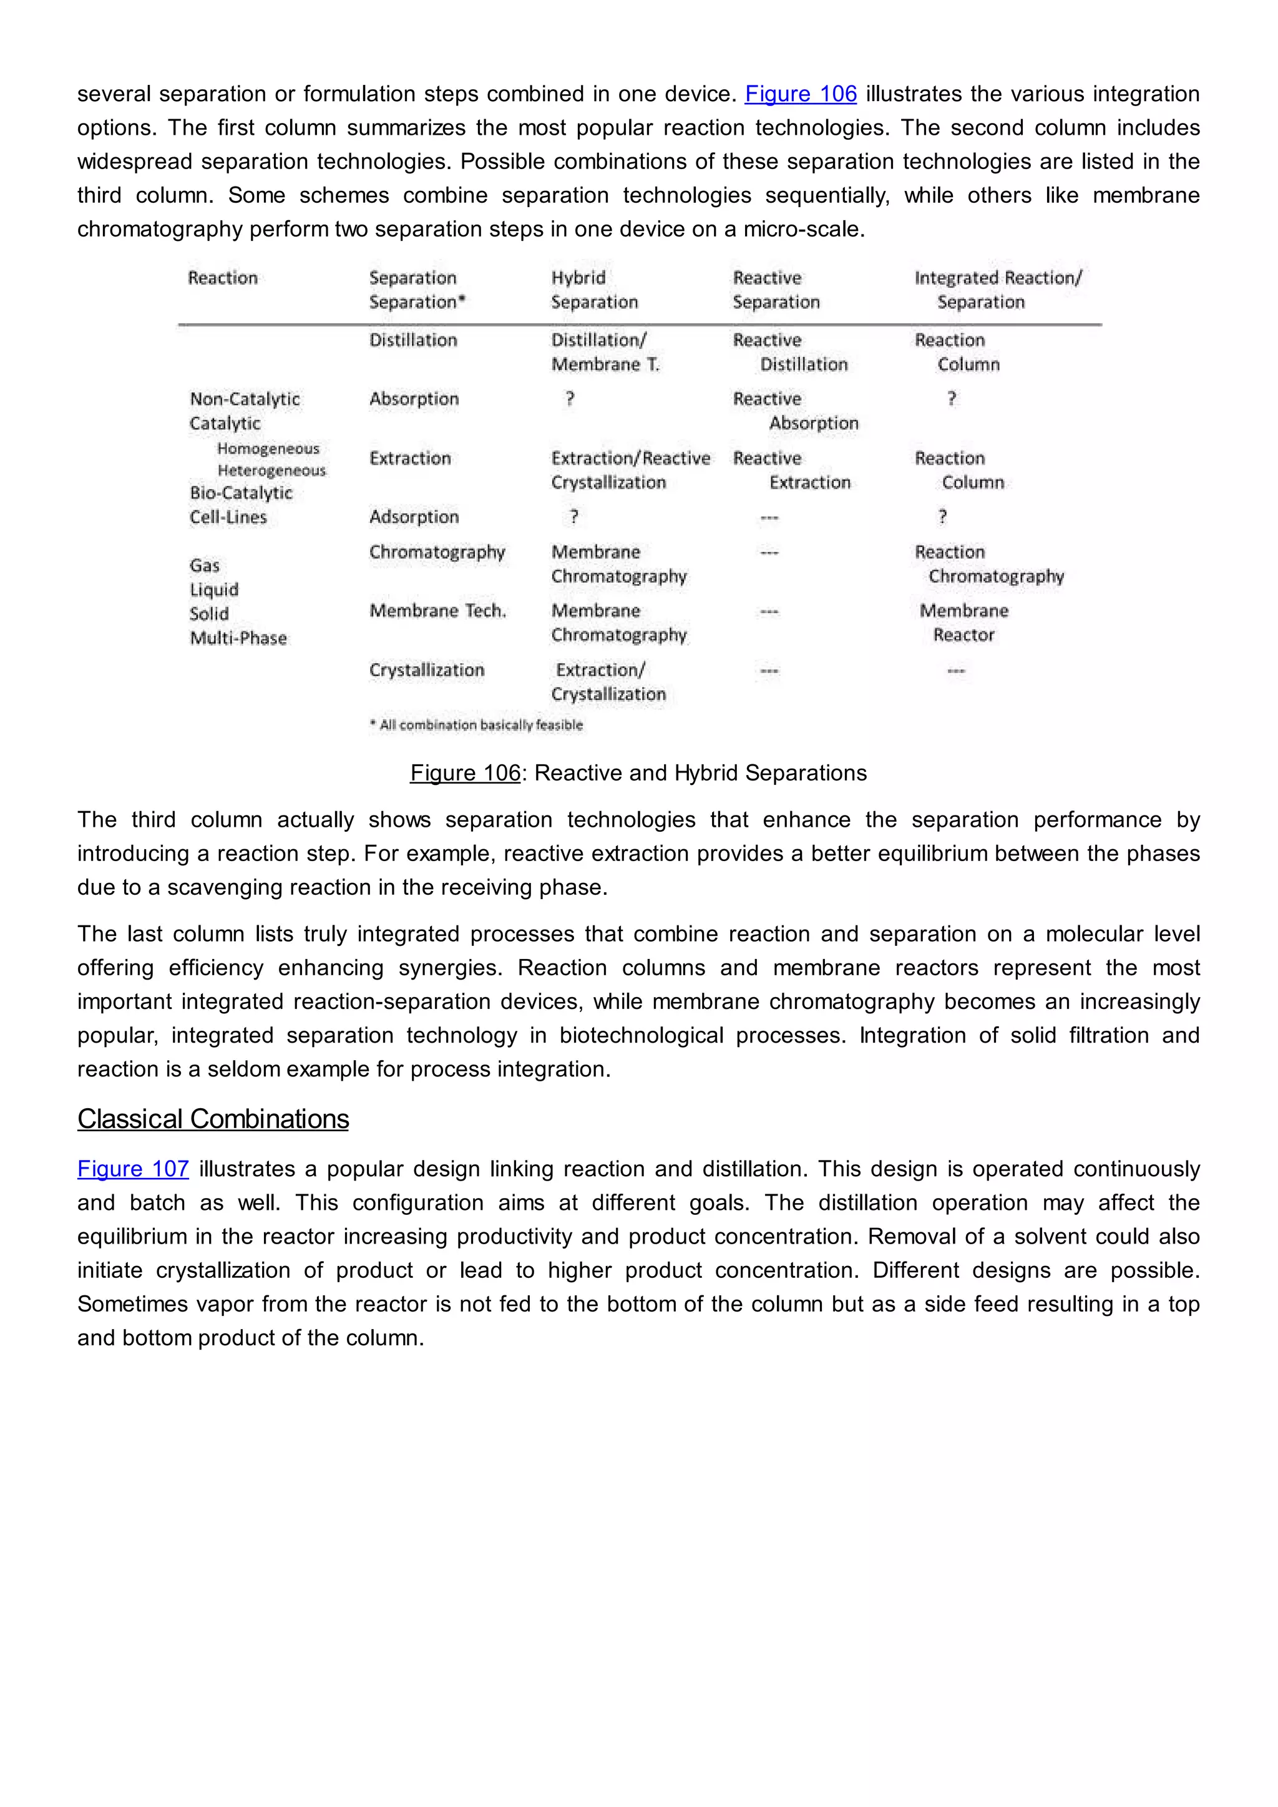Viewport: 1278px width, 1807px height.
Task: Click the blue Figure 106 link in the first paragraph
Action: [801, 94]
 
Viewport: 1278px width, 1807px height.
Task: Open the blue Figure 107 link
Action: [133, 1169]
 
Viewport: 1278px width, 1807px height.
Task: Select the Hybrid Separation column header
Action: [594, 290]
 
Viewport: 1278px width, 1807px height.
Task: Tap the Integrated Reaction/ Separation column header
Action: [997, 290]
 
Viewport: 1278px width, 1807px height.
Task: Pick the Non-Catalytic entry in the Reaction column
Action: [245, 399]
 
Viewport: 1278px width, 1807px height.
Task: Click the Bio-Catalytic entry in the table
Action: [241, 493]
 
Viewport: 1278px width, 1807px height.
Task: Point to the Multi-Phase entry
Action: [238, 638]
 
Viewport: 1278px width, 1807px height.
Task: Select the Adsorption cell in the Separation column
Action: [414, 517]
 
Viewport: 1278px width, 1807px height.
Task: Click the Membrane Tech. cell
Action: [437, 611]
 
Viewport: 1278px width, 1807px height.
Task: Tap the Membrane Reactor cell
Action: [964, 623]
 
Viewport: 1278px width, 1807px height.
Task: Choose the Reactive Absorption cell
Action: [795, 411]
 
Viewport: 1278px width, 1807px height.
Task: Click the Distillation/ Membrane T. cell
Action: [605, 352]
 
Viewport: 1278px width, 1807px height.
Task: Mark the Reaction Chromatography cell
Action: [989, 563]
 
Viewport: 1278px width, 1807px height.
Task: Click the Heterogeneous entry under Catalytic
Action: [271, 470]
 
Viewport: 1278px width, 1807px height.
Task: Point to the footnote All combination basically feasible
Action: [477, 725]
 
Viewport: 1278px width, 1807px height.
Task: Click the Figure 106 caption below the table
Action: [638, 773]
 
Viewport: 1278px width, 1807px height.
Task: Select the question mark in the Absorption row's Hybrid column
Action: [570, 399]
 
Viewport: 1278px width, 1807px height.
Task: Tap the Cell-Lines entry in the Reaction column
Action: [228, 517]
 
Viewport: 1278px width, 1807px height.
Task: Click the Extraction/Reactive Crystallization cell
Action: [630, 470]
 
